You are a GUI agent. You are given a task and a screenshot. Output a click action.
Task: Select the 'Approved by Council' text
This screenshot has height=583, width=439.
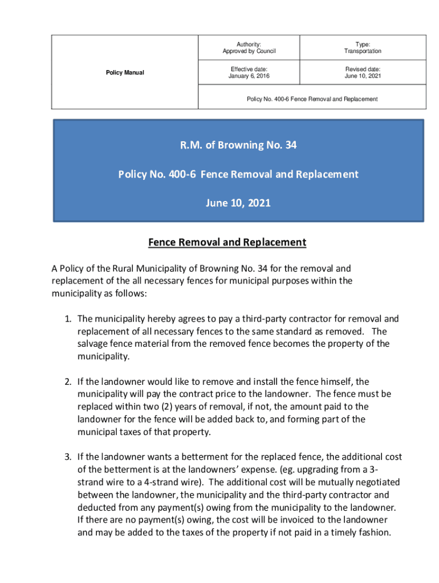249,51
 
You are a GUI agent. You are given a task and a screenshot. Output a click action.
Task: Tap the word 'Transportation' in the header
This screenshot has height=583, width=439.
363,51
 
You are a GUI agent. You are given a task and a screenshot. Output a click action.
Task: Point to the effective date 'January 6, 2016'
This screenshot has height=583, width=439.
249,76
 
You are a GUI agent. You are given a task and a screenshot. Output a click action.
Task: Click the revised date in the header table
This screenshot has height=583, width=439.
363,76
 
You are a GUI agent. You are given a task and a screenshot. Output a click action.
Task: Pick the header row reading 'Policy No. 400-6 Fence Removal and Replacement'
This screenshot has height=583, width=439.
312,99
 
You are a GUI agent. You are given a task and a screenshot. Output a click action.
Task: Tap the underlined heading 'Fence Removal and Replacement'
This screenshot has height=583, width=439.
227,243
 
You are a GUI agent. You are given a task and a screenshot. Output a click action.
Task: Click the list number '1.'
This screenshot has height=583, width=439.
68,319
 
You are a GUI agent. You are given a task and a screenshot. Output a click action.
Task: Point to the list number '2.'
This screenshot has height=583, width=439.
68,381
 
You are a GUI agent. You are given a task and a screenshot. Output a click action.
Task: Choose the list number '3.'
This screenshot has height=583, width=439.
68,457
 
